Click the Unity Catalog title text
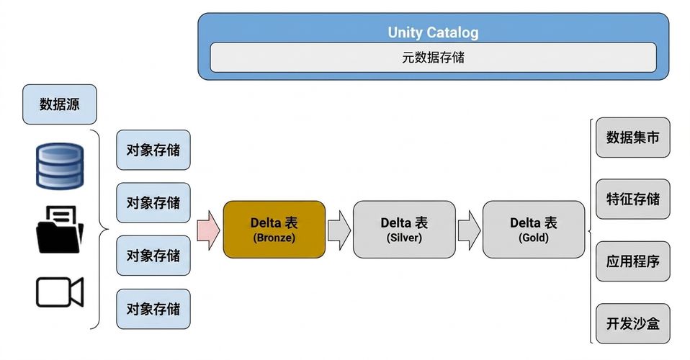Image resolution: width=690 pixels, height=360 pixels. pyautogui.click(x=433, y=32)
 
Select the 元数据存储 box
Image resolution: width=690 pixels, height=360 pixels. pyautogui.click(x=433, y=57)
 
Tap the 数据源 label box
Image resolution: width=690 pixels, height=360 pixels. pyautogui.click(x=59, y=104)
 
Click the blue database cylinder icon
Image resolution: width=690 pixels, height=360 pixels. pyautogui.click(x=59, y=166)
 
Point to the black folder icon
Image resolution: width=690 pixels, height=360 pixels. pyautogui.click(x=59, y=229)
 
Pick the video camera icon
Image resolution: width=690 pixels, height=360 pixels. pyautogui.click(x=59, y=292)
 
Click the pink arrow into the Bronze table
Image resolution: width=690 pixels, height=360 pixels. pyautogui.click(x=207, y=230)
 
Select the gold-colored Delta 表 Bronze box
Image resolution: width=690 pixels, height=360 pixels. pyautogui.click(x=274, y=229)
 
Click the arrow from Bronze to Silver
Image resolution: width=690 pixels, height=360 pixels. pyautogui.click(x=339, y=230)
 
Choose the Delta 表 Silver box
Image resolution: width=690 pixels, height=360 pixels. pyautogui.click(x=404, y=229)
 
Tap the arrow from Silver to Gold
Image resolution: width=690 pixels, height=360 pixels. pyautogui.click(x=469, y=230)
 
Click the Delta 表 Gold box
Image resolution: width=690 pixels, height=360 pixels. pyautogui.click(x=534, y=229)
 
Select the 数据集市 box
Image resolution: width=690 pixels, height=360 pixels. pyautogui.click(x=633, y=138)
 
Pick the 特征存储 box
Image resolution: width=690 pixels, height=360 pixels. pyautogui.click(x=633, y=199)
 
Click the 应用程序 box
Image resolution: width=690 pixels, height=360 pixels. pyautogui.click(x=633, y=261)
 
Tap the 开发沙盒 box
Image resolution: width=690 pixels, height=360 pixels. pyautogui.click(x=633, y=323)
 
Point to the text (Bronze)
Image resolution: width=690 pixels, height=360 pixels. pyautogui.click(x=274, y=238)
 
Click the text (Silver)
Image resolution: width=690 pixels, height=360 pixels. pyautogui.click(x=404, y=238)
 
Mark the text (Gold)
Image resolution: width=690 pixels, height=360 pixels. pyautogui.click(x=534, y=238)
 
